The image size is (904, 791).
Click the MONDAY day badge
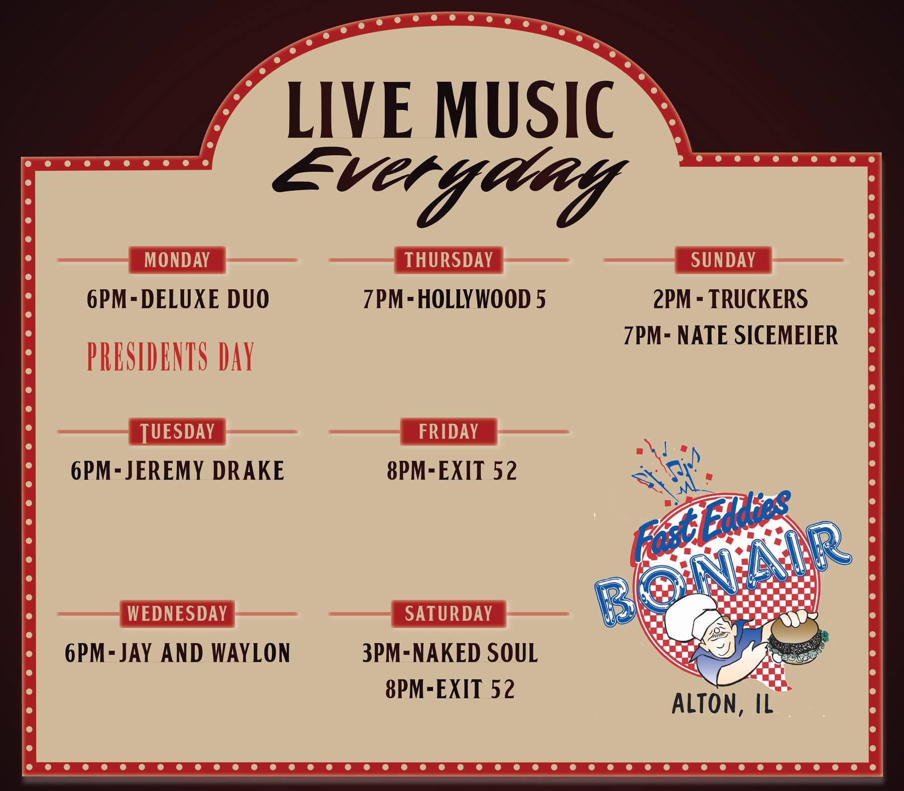[177, 260]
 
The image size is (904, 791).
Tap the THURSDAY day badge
[448, 260]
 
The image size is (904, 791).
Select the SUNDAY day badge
[723, 260]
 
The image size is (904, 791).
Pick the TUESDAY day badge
[177, 431]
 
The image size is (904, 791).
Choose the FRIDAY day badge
[448, 431]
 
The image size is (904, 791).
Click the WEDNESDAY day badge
[177, 613]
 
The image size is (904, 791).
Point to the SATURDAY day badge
[448, 613]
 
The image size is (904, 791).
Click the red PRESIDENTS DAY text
[171, 356]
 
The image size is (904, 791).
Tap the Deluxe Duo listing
[178, 299]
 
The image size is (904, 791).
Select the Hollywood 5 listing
[455, 299]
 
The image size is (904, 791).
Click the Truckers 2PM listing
[731, 299]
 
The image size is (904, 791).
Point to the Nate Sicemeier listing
[731, 335]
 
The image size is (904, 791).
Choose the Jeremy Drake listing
[178, 471]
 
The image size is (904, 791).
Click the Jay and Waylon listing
[178, 653]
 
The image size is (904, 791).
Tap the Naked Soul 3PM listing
[450, 653]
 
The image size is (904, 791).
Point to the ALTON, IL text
[723, 705]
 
